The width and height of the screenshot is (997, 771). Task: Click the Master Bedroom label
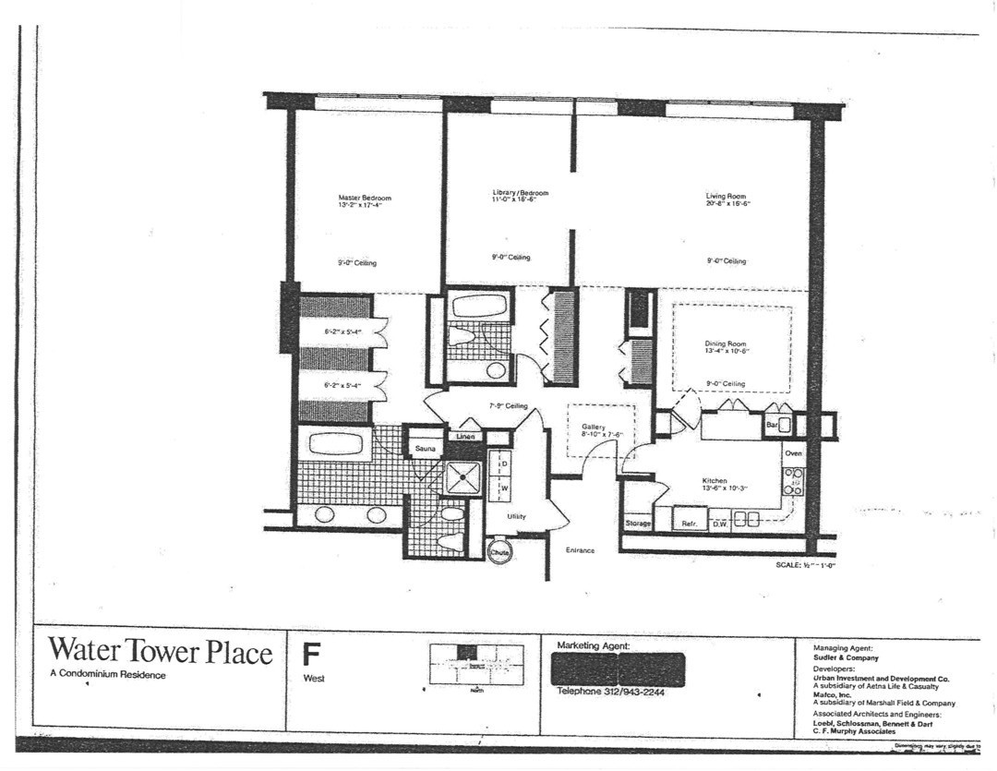pyautogui.click(x=365, y=198)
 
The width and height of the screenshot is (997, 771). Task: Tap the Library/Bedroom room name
pyautogui.click(x=520, y=193)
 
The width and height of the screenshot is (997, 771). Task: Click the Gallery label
pyautogui.click(x=593, y=428)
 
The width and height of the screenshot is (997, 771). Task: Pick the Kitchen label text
pyautogui.click(x=715, y=481)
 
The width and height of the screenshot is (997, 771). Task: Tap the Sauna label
pyautogui.click(x=425, y=449)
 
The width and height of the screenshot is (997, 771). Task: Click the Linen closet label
pyautogui.click(x=465, y=436)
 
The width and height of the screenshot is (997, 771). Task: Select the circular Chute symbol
pyautogui.click(x=499, y=551)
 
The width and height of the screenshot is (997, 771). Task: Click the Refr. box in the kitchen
pyautogui.click(x=689, y=523)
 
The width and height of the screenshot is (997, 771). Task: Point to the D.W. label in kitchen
pyautogui.click(x=720, y=524)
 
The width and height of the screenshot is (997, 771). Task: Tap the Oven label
pyautogui.click(x=793, y=453)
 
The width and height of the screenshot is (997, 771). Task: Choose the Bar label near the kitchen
pyautogui.click(x=772, y=426)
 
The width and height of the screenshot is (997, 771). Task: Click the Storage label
pyautogui.click(x=638, y=524)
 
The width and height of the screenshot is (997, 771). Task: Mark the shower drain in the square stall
pyautogui.click(x=463, y=478)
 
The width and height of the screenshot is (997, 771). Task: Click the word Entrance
pyautogui.click(x=580, y=550)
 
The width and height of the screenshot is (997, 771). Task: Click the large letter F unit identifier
pyautogui.click(x=312, y=655)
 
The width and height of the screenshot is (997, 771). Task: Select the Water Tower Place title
pyautogui.click(x=160, y=652)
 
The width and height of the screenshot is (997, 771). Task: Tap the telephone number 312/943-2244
pyautogui.click(x=617, y=692)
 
